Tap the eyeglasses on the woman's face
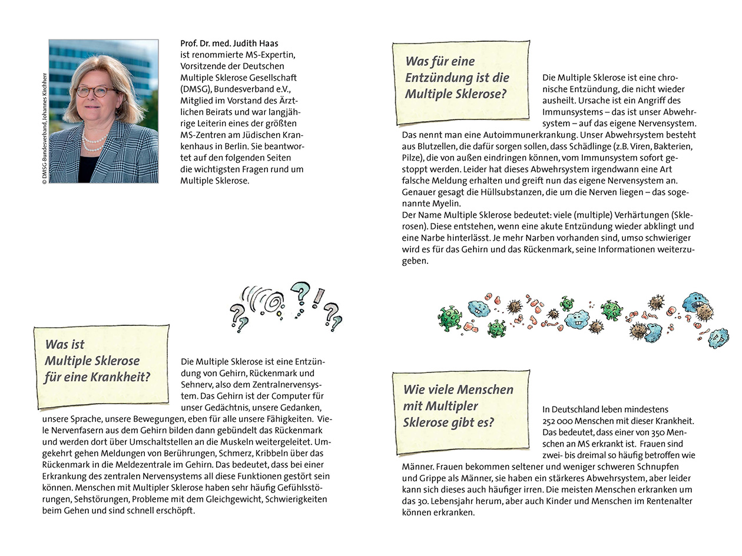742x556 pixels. [x=95, y=91]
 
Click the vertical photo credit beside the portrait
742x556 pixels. [x=44, y=129]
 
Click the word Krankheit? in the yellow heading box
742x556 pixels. [x=121, y=377]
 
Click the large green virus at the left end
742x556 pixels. [x=450, y=318]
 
